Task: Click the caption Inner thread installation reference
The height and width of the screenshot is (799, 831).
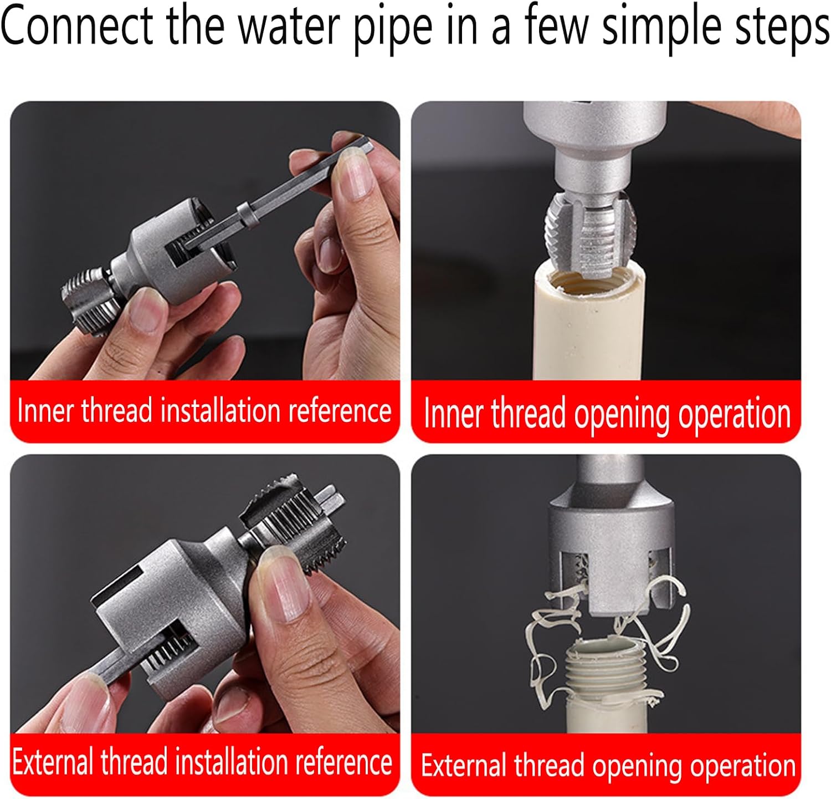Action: click(x=204, y=411)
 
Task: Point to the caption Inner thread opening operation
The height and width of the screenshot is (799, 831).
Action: click(x=607, y=414)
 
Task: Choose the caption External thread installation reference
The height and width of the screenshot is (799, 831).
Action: click(x=202, y=762)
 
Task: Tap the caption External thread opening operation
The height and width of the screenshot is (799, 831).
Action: click(x=608, y=766)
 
